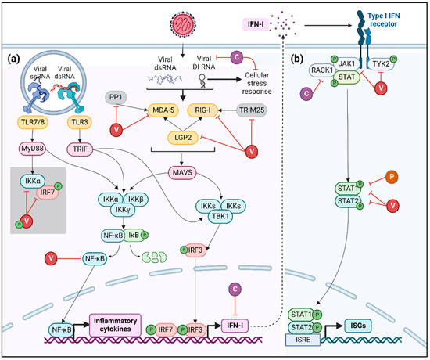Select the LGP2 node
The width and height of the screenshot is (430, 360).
pyautogui.click(x=169, y=137)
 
